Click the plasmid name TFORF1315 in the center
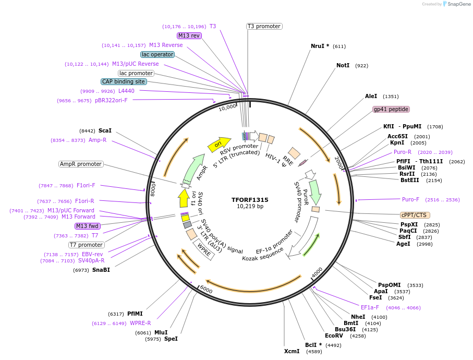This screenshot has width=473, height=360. point(250,199)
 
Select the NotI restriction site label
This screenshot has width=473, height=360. point(343,66)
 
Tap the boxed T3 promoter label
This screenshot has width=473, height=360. point(264,26)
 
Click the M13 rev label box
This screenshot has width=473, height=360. point(189,35)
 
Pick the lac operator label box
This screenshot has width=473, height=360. point(157,54)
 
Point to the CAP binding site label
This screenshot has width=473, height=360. point(124,81)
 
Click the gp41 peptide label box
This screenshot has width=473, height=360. point(391,109)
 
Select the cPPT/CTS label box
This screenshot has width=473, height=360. point(415,215)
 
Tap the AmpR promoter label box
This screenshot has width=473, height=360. point(81,164)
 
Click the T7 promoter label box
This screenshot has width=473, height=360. point(87,245)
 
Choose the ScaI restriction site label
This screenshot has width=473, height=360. point(105,131)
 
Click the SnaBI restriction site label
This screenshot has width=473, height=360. point(101,270)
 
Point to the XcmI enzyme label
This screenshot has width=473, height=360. point(292,351)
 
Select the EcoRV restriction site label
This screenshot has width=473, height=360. point(334,335)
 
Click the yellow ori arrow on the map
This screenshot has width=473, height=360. point(219,144)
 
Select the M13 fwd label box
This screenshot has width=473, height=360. point(87,226)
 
